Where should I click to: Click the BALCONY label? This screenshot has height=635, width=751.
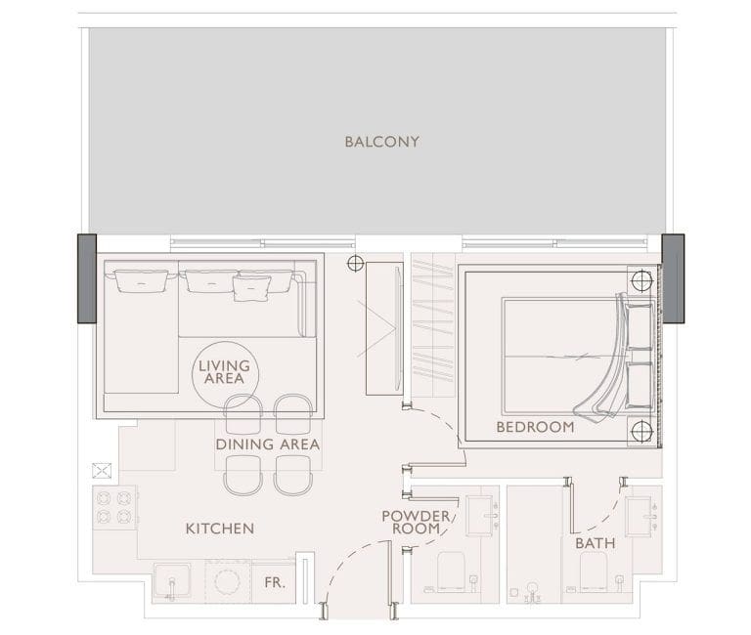tap(381, 142)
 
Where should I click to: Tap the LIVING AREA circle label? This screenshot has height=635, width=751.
tap(224, 372)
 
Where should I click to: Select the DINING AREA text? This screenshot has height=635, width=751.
tap(267, 444)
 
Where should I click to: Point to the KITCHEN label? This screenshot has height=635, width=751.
tap(220, 529)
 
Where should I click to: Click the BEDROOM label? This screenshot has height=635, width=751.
tap(535, 427)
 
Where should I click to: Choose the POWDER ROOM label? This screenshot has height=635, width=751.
tap(416, 522)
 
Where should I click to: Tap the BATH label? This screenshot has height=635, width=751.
tap(595, 542)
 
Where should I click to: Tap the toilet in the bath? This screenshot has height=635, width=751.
tap(596, 571)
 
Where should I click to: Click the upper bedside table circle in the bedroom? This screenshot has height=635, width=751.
tap(641, 281)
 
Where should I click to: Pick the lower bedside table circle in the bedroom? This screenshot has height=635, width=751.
tap(641, 432)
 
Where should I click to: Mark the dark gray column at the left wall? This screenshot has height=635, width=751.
tap(86, 278)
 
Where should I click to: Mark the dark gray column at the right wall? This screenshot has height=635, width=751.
tap(673, 278)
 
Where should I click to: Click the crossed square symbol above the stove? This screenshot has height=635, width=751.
tap(101, 470)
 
